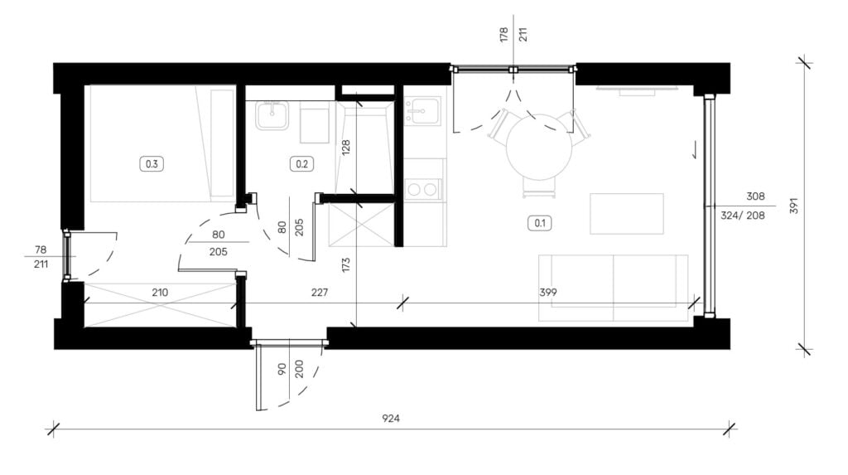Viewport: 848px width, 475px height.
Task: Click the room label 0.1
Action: point(540,223)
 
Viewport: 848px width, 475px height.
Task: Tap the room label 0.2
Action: point(301,163)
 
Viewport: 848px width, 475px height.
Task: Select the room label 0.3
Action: point(152,163)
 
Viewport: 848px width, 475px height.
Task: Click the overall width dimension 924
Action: point(391,418)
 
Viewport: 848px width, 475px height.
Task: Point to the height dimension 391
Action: point(794,206)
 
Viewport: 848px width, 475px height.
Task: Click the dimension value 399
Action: point(548,293)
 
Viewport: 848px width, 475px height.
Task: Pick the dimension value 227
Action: point(320,293)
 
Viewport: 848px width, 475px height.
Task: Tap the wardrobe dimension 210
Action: point(160,293)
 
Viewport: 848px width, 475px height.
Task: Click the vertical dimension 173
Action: point(346,264)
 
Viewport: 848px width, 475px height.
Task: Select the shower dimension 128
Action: point(346,148)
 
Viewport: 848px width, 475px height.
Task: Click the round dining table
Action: point(539,147)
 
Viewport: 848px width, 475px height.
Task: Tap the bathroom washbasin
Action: point(272,115)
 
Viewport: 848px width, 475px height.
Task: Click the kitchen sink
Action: point(422,110)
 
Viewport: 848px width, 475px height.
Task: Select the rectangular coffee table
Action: point(626,213)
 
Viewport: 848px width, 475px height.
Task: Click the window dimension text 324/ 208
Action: point(743,216)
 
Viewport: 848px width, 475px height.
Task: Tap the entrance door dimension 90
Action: point(282,369)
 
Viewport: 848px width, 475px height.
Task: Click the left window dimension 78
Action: point(41,250)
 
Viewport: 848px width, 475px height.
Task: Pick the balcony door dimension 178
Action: point(504,35)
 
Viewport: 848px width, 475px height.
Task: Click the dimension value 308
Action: point(755,196)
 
